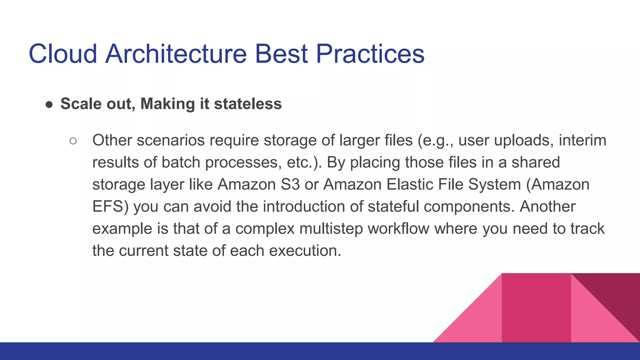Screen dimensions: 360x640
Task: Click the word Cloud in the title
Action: [62, 54]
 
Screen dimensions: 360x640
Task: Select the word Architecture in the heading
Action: [176, 54]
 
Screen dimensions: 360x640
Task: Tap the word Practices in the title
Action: [370, 54]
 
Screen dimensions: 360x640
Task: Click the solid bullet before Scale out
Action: [49, 104]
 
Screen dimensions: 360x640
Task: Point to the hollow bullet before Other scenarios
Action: [73, 141]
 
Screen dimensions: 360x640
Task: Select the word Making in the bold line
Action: [167, 104]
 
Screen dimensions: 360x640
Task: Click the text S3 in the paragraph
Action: [290, 184]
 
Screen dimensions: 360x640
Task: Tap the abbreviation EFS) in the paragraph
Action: [110, 207]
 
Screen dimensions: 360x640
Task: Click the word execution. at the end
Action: [305, 251]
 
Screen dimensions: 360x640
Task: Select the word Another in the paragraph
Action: [547, 207]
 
